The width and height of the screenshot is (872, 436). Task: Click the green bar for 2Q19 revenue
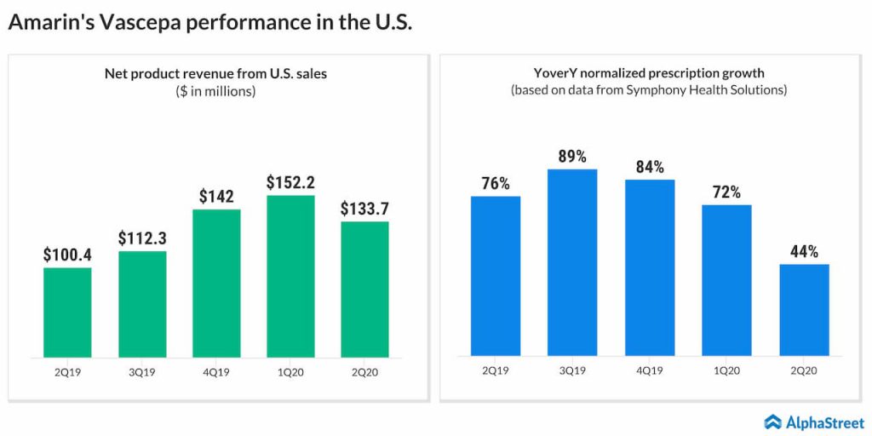click(x=67, y=312)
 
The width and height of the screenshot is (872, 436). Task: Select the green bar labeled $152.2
click(x=290, y=276)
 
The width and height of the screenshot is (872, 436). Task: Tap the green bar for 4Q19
click(x=216, y=283)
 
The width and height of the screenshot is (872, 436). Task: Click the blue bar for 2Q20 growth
click(x=804, y=309)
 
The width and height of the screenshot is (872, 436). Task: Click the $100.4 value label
click(x=67, y=254)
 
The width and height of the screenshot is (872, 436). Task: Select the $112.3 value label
click(x=142, y=238)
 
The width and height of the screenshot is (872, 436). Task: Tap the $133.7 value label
click(x=364, y=208)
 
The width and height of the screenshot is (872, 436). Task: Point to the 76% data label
click(x=495, y=183)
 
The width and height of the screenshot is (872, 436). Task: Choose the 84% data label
click(x=650, y=166)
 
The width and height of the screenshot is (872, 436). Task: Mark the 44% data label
click(x=804, y=251)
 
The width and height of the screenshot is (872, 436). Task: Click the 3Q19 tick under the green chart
click(x=142, y=371)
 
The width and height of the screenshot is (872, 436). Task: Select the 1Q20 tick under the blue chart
click(x=726, y=370)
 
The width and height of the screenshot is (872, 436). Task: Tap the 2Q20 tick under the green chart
click(x=364, y=371)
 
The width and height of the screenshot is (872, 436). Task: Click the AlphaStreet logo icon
click(x=773, y=422)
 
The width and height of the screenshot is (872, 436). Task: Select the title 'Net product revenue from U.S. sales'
click(x=215, y=74)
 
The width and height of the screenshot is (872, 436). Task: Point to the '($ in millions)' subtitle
click(x=215, y=91)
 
